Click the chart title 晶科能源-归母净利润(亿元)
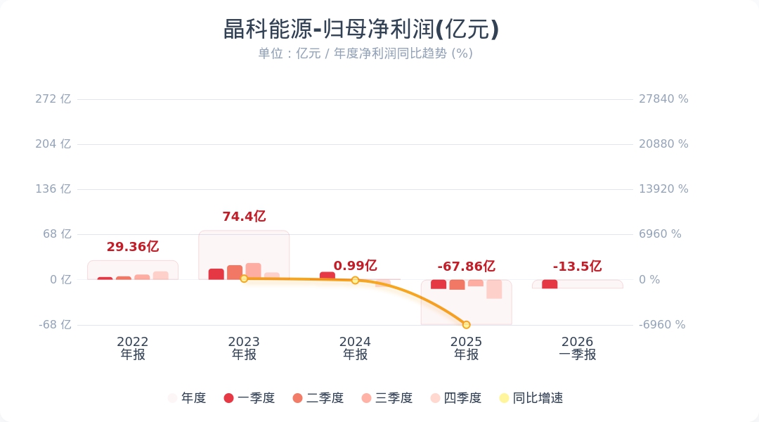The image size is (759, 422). (x=361, y=30)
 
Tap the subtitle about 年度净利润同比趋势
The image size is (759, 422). (x=365, y=53)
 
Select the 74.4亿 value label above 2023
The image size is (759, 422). (x=244, y=217)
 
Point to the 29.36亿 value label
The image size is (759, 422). (x=133, y=247)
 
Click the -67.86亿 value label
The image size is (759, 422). (x=466, y=267)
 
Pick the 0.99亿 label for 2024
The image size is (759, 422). (x=355, y=266)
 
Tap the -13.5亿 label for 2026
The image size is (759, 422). (x=577, y=267)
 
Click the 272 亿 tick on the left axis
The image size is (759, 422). (x=53, y=99)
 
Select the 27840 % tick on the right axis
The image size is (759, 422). (x=663, y=99)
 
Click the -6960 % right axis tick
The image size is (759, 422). (x=662, y=325)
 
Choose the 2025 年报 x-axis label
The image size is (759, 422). (x=466, y=348)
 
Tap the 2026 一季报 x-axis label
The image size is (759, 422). (x=577, y=348)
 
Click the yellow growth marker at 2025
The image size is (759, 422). (x=466, y=325)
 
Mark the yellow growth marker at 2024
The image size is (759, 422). (x=355, y=280)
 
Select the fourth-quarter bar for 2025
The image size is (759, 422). (x=494, y=289)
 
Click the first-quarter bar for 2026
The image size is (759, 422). (x=550, y=284)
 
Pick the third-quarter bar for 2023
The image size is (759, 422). (x=254, y=271)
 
